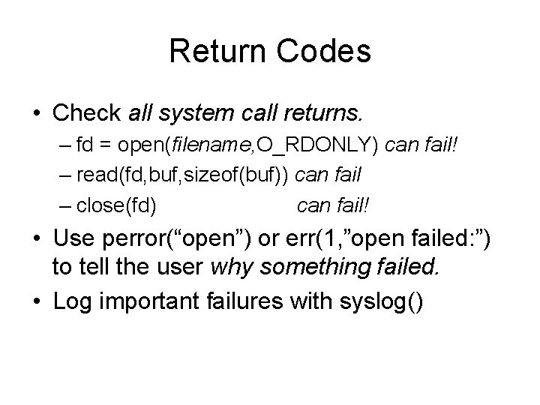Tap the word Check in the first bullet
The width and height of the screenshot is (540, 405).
tap(87, 113)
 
